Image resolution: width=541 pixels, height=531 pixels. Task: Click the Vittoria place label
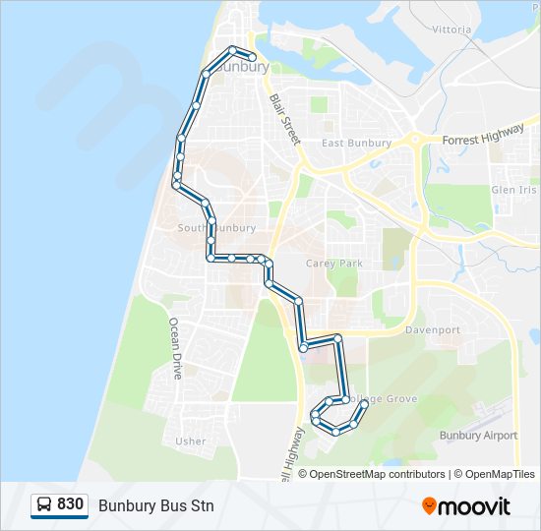click(451, 29)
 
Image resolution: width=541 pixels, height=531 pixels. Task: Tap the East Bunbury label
click(356, 143)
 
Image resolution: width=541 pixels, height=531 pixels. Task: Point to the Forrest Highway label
click(484, 137)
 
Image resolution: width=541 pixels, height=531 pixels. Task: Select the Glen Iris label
click(514, 190)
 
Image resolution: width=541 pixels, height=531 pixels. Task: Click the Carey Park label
click(334, 264)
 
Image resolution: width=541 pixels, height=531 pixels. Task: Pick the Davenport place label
click(433, 330)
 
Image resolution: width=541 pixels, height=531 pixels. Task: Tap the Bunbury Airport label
click(478, 436)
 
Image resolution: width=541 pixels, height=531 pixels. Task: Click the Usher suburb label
click(190, 442)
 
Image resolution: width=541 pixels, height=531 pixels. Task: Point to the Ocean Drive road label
click(176, 348)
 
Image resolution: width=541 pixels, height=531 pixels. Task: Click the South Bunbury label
click(216, 228)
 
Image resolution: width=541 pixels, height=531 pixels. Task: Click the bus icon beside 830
click(44, 505)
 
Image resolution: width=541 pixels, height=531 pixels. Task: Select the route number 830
click(71, 504)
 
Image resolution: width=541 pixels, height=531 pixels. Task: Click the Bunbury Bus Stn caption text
click(155, 505)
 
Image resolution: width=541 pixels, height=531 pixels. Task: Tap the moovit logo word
click(474, 506)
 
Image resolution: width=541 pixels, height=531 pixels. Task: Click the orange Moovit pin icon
click(429, 505)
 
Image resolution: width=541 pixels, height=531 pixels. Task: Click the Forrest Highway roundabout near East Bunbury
click(417, 140)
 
